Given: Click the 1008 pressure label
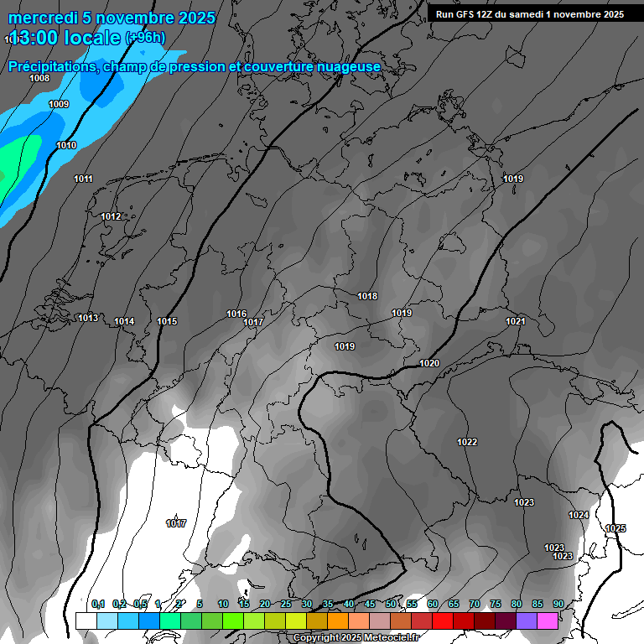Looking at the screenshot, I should (39, 78).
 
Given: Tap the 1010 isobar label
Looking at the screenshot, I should (66, 145).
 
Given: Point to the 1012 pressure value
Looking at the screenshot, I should (111, 216).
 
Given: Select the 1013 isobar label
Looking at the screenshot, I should (88, 318).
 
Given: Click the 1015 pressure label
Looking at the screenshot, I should (167, 321).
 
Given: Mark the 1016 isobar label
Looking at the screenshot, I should (236, 314).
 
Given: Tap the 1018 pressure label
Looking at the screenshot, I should (367, 296).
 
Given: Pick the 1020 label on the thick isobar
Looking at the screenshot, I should (429, 363).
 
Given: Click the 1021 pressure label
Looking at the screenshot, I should (515, 321).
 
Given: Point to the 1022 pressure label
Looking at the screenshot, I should (467, 442).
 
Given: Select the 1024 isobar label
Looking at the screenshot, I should (579, 515).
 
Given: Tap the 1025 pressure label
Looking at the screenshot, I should (615, 528).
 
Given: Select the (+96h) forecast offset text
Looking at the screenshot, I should (145, 37).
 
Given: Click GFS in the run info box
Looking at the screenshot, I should (467, 14).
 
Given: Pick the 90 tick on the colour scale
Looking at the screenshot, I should (558, 604).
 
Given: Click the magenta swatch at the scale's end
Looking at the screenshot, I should (548, 621).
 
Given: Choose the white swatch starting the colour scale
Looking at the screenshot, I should (86, 621).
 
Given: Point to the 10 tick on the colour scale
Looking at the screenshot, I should (222, 604).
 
